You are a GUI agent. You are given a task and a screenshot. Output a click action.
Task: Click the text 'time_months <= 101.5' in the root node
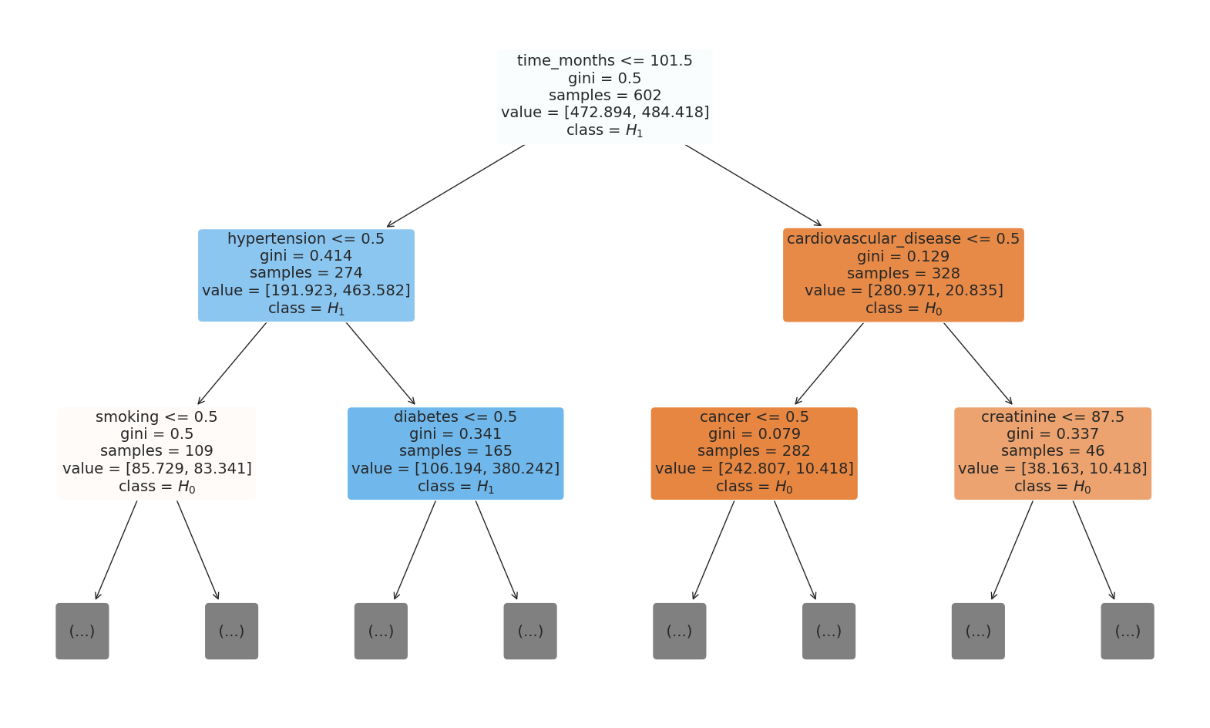604,61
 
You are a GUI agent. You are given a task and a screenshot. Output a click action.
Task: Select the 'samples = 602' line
604,96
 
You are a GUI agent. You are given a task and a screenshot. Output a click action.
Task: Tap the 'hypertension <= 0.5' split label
306,239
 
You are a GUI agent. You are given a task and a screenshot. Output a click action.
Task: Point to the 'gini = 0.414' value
306,256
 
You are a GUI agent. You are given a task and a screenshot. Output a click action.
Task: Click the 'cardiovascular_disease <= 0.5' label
902,239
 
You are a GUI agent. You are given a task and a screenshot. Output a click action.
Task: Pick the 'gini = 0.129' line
902,257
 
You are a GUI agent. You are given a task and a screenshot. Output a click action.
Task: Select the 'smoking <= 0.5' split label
156,417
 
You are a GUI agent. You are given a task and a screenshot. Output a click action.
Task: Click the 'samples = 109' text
156,451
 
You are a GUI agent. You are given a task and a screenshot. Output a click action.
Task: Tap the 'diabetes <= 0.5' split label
455,417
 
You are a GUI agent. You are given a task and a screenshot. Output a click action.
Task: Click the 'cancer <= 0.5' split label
754,417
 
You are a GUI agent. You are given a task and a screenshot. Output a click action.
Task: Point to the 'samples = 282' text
754,451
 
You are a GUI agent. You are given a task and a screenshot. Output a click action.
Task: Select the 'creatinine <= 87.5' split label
1052,417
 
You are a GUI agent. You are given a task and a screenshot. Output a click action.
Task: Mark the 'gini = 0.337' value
1052,434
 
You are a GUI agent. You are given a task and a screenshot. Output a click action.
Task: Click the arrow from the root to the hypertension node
455,186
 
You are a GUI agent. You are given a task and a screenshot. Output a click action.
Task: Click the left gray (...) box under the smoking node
82,631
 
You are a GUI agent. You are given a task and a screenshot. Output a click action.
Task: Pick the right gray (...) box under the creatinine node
1127,631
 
